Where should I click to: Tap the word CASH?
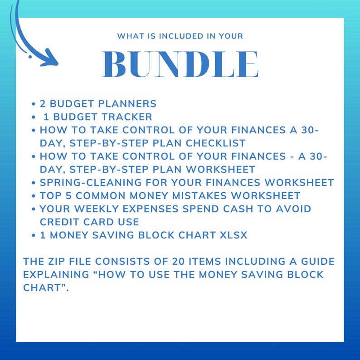pyautogui.click(x=247, y=209)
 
